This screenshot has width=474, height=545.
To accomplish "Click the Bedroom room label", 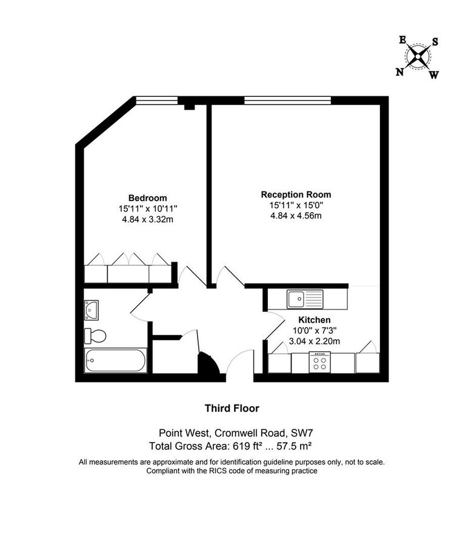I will click(x=147, y=198).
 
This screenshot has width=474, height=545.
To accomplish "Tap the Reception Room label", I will click(x=296, y=194).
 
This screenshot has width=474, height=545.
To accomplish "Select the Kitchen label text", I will click(x=313, y=320).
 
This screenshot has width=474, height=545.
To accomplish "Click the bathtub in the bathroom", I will click(x=115, y=360).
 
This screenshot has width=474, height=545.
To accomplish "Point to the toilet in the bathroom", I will click(x=95, y=335).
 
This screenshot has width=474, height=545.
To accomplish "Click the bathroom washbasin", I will click(x=92, y=309).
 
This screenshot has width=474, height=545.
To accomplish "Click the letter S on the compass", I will click(x=435, y=42).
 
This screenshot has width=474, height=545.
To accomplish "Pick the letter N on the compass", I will click(x=399, y=72).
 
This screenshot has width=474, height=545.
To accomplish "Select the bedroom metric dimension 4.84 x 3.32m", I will click(x=147, y=219).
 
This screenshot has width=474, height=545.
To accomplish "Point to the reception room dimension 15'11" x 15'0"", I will click(x=296, y=205).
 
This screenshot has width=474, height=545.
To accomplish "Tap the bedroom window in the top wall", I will click(x=156, y=100).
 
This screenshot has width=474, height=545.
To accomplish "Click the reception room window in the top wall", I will click(x=287, y=100).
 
